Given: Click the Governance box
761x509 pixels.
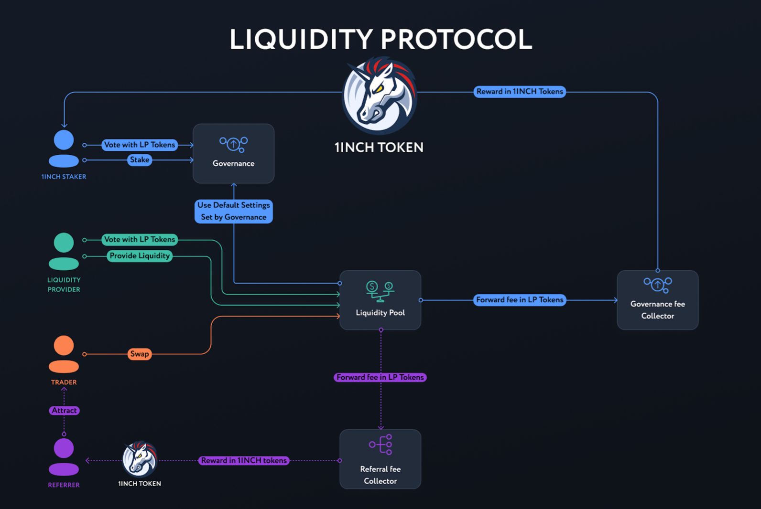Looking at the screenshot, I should [233, 153].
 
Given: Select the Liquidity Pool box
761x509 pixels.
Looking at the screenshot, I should [380, 300].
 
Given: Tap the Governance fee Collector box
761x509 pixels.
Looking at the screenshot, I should [657, 300].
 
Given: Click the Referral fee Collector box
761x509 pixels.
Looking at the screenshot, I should [380, 459].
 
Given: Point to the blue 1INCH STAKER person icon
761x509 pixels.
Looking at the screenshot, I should [64, 148].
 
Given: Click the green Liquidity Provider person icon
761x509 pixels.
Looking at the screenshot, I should [64, 251].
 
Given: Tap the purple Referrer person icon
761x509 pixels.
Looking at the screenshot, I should [64, 457].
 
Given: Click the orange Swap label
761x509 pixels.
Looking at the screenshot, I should [140, 354].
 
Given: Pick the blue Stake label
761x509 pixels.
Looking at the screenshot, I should [140, 160].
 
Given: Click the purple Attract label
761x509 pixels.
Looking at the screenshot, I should [64, 411].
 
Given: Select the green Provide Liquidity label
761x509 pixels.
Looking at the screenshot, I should [140, 256].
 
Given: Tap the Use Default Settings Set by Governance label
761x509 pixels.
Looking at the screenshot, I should [233, 211].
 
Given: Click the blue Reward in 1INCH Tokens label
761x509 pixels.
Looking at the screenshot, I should [520, 92].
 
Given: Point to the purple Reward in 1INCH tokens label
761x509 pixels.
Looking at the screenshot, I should [244, 460].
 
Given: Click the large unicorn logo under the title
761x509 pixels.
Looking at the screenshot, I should [380, 95].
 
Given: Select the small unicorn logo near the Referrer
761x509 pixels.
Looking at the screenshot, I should [140, 459].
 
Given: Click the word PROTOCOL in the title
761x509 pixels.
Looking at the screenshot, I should [456, 39].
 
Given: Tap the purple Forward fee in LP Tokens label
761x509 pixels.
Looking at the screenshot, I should [380, 377].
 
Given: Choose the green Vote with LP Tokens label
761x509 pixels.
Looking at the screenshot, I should [140, 240].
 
